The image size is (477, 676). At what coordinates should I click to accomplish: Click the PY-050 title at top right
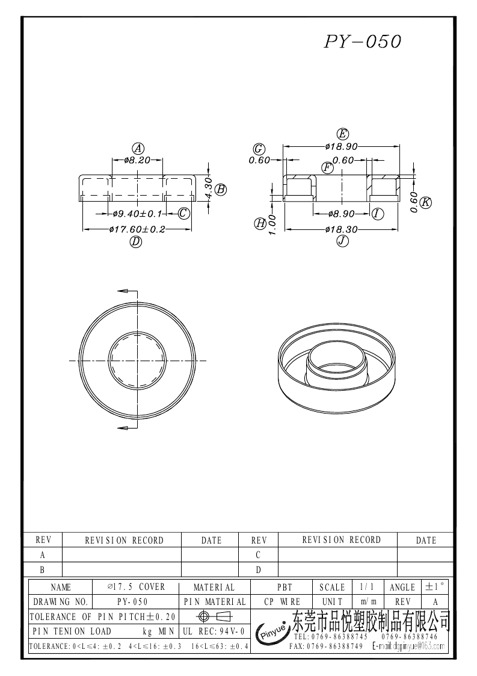pos(362,42)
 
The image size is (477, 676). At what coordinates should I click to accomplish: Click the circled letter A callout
pos(138,148)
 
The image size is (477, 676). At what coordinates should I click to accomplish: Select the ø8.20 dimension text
pos(137,160)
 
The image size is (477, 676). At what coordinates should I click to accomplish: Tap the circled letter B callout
pos(221,189)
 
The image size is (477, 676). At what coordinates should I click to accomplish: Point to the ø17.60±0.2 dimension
pos(137,229)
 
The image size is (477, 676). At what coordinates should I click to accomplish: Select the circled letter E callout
pos(343,134)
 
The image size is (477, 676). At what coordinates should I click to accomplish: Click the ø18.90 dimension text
pos(342,146)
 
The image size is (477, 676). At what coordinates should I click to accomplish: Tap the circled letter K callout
pos(426,202)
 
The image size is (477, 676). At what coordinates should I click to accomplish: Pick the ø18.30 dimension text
pos(342,229)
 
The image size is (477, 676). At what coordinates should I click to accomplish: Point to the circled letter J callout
pos(342,241)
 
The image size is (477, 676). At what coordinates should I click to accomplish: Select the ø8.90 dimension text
pos(342,214)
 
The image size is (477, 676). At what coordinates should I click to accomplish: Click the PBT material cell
pos(284,587)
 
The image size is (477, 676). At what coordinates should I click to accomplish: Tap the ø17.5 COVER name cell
pos(136,587)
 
